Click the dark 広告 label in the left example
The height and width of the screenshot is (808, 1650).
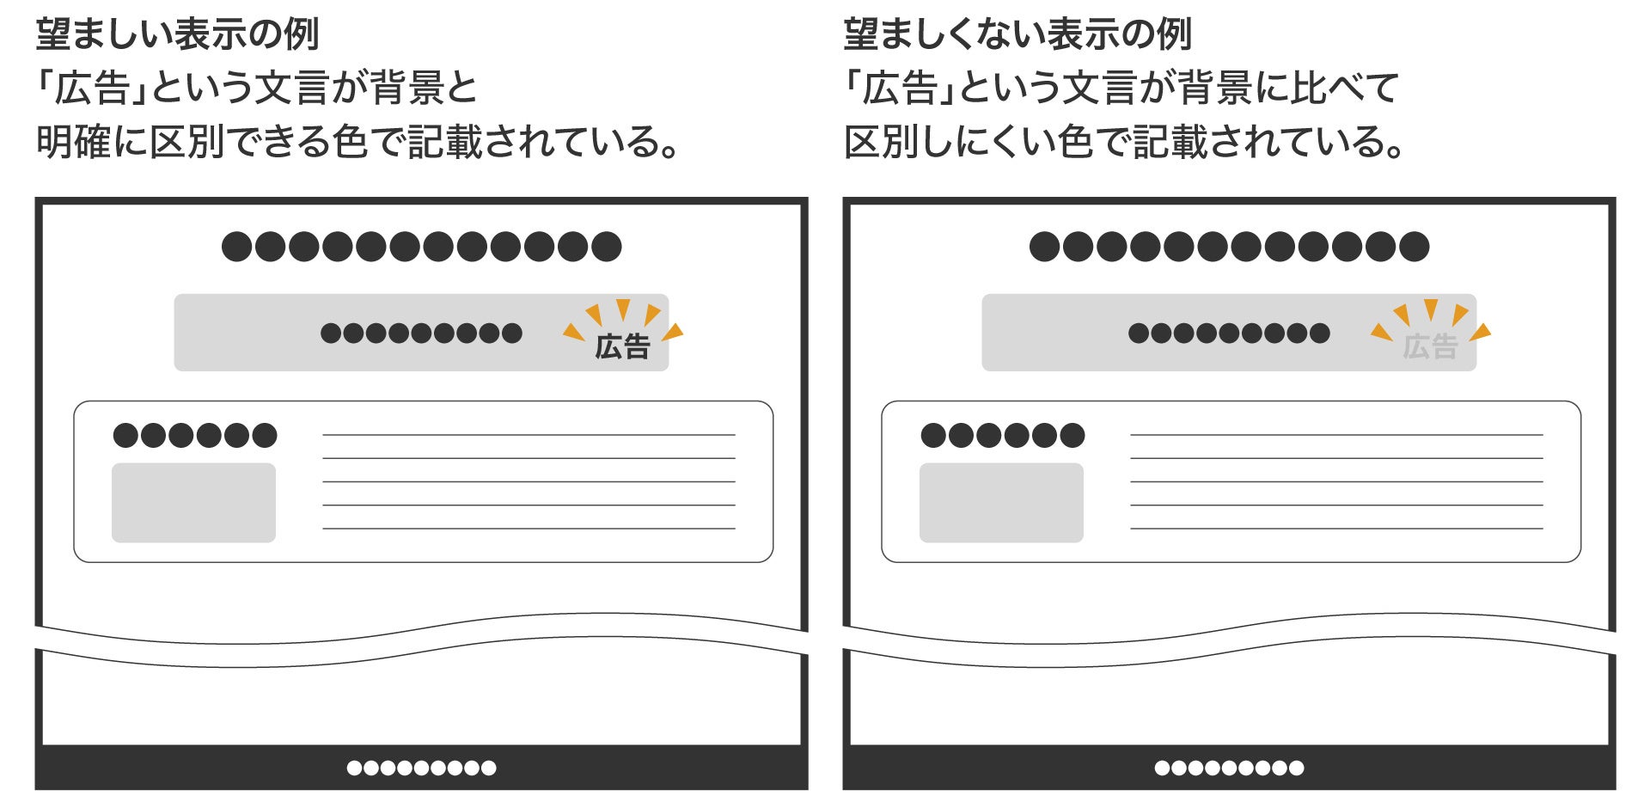click(x=622, y=346)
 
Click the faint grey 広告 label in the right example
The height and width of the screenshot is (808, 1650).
click(x=1430, y=346)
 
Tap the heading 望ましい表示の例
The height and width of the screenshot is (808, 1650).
click(x=177, y=34)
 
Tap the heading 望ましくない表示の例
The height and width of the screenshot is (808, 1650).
click(x=1017, y=34)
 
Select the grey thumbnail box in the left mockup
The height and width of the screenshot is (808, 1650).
click(x=193, y=503)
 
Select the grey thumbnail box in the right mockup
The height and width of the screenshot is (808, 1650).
click(x=1001, y=503)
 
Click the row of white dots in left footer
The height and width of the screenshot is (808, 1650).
click(x=421, y=768)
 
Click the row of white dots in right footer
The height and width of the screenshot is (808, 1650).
click(x=1229, y=768)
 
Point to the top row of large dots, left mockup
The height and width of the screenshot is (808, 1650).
click(x=421, y=247)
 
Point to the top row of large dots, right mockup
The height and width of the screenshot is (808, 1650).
click(x=1229, y=247)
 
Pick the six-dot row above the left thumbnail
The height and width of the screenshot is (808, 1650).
click(x=195, y=435)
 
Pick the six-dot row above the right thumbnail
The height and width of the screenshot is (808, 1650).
click(x=1003, y=435)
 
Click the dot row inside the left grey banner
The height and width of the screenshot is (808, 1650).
click(x=421, y=333)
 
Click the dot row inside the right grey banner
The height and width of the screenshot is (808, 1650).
click(x=1229, y=333)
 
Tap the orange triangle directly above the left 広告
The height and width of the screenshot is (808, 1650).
click(x=623, y=309)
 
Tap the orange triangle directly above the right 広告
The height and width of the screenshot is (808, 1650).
click(x=1431, y=309)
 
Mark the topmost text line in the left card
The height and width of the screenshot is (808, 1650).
click(x=529, y=435)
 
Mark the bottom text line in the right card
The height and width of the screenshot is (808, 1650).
click(x=1336, y=528)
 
